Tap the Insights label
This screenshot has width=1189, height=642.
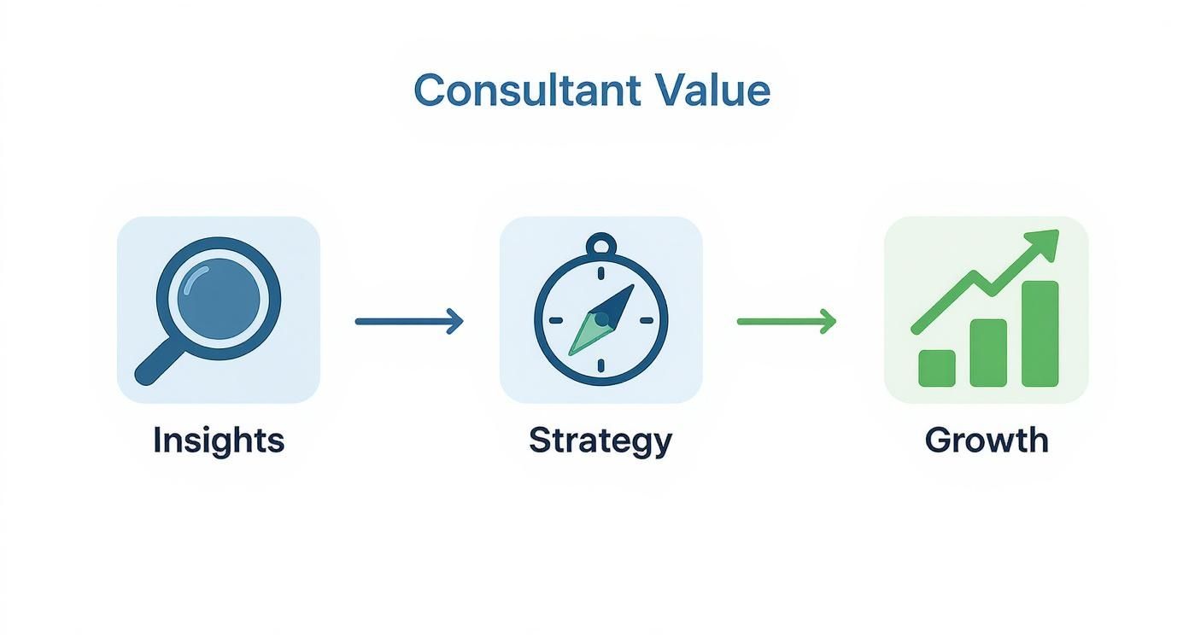pos(218,441)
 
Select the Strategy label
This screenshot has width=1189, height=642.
pos(600,441)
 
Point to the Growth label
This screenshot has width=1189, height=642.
pos(986,441)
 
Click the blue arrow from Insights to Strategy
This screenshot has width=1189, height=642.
pos(408,322)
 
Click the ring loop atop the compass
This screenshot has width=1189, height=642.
pos(601,246)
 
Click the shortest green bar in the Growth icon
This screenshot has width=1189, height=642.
pos(936,368)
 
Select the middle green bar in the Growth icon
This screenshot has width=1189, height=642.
pos(987,353)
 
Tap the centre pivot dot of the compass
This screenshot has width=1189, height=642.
pos(601,319)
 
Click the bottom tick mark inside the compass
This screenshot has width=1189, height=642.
pos(601,365)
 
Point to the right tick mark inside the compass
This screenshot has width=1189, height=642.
pos(646,321)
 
